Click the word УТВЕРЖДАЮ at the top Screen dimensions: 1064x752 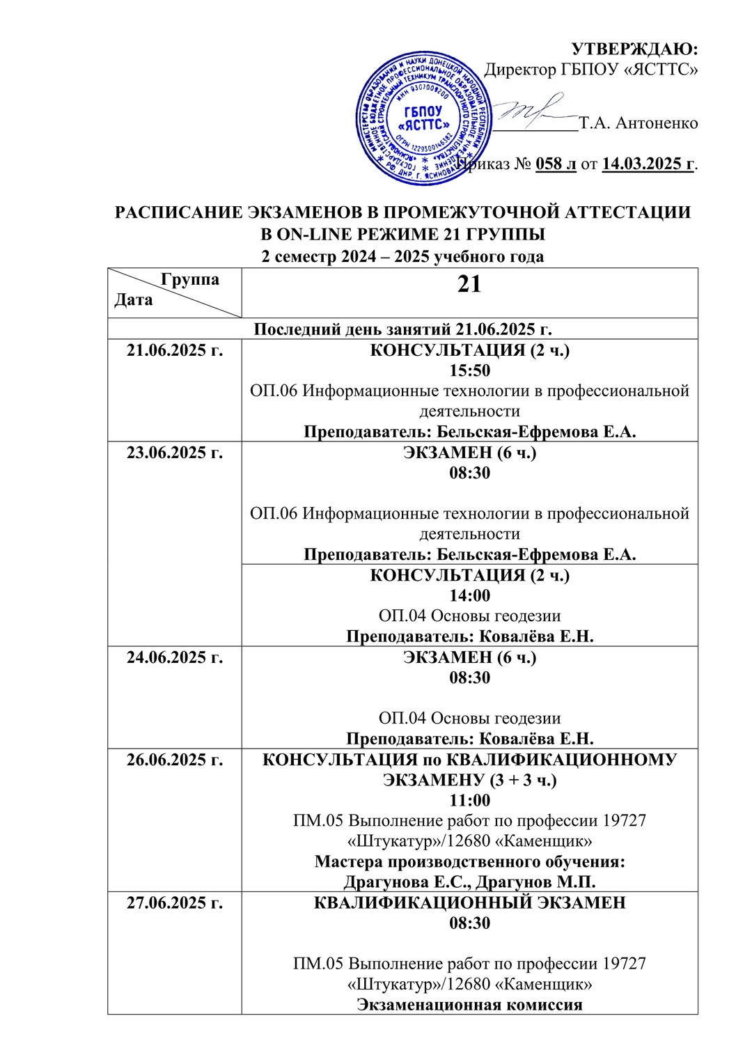tap(634, 49)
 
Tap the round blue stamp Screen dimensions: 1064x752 tap(423, 118)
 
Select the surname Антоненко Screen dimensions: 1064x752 tap(657, 123)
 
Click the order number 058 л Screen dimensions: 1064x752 tap(556, 164)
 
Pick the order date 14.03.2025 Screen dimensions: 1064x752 tap(648, 164)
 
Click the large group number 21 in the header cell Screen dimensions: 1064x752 tap(469, 284)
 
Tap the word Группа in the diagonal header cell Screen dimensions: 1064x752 tap(190, 279)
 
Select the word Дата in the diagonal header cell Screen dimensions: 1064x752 tap(134, 300)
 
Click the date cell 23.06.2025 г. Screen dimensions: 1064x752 tap(175, 453)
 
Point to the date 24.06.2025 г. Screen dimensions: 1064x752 tap(175, 657)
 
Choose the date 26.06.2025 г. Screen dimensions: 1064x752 tap(175, 760)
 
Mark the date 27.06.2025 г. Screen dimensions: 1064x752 tap(175, 903)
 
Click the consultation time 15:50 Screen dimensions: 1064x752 tap(469, 370)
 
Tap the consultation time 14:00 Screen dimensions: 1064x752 tap(469, 595)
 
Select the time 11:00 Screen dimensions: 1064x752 tap(469, 800)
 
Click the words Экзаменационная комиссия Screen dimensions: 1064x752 tap(469, 1004)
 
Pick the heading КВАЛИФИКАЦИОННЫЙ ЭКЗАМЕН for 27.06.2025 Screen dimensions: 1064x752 tap(469, 903)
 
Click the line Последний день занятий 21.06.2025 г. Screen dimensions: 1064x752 tap(402, 329)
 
